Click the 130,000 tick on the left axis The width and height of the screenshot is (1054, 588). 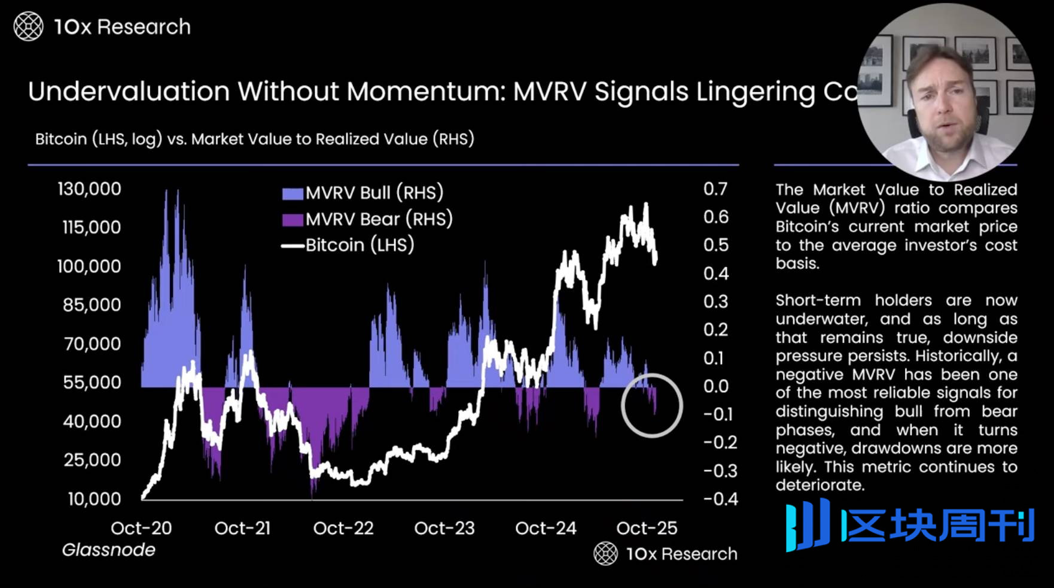pyautogui.click(x=89, y=189)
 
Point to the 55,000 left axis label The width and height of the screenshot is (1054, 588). pyautogui.click(x=92, y=383)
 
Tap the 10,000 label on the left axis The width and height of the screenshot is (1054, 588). pyautogui.click(x=94, y=499)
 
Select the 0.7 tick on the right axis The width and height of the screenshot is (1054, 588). pyautogui.click(x=715, y=189)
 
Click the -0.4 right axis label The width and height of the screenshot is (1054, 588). pyautogui.click(x=720, y=499)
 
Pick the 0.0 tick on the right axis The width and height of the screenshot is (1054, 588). pyautogui.click(x=716, y=386)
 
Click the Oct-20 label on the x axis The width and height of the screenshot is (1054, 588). pyautogui.click(x=141, y=528)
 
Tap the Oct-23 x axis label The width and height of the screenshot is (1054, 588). pyautogui.click(x=444, y=528)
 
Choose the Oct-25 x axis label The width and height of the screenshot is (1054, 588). pyautogui.click(x=647, y=528)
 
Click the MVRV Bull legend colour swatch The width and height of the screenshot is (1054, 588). pyautogui.click(x=292, y=193)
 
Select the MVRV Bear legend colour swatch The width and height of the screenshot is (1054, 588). pyautogui.click(x=292, y=220)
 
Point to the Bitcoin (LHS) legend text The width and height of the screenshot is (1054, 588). pyautogui.click(x=360, y=245)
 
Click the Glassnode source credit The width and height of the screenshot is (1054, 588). pyautogui.click(x=108, y=550)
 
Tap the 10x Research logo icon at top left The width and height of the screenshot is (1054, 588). pyautogui.click(x=28, y=27)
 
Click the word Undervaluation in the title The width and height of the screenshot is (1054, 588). pyautogui.click(x=129, y=92)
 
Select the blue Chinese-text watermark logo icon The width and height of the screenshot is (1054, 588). pyautogui.click(x=808, y=525)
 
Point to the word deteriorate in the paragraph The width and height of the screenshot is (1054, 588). pyautogui.click(x=820, y=485)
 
